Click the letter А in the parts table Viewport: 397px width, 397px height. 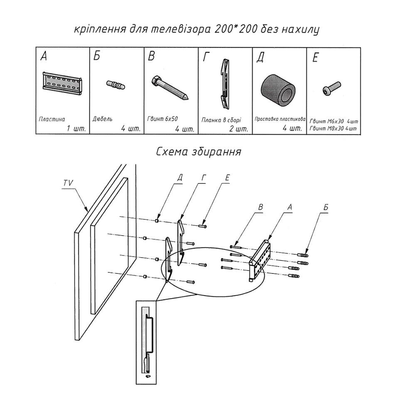44,57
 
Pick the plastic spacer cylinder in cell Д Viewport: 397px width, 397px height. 278,88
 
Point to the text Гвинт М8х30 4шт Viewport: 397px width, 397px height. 333,128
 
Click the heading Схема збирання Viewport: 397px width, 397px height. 198,151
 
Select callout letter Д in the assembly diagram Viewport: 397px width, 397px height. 180,178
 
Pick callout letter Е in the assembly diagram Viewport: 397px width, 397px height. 227,178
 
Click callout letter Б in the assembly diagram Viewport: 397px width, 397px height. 325,206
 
